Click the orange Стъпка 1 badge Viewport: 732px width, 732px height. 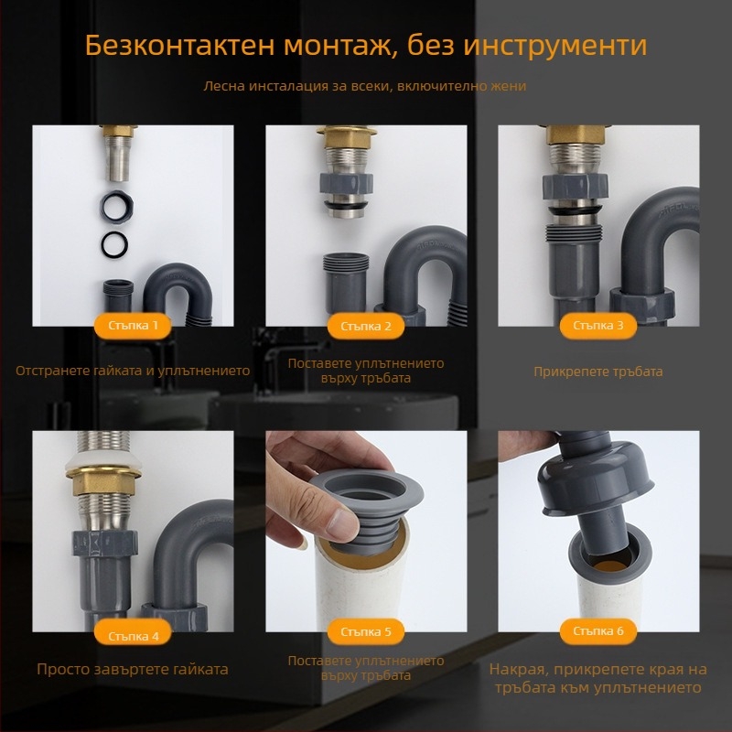click(133, 325)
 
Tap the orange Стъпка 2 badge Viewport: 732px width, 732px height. click(366, 325)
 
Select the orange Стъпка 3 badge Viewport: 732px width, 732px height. click(598, 325)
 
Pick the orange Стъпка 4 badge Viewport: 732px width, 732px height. click(133, 634)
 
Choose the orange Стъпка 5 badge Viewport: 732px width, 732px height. click(366, 631)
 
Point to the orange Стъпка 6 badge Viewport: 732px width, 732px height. click(598, 631)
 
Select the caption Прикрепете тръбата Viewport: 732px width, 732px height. click(598, 371)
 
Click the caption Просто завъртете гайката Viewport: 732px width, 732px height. click(133, 669)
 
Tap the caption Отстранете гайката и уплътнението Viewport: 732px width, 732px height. click(133, 371)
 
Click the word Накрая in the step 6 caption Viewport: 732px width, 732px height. click(520, 669)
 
